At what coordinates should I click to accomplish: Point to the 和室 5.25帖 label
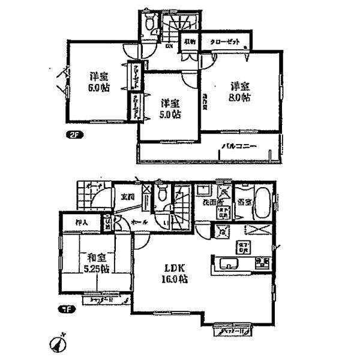(88, 263)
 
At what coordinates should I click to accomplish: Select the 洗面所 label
(210, 203)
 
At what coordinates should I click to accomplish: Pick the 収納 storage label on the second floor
(190, 42)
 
